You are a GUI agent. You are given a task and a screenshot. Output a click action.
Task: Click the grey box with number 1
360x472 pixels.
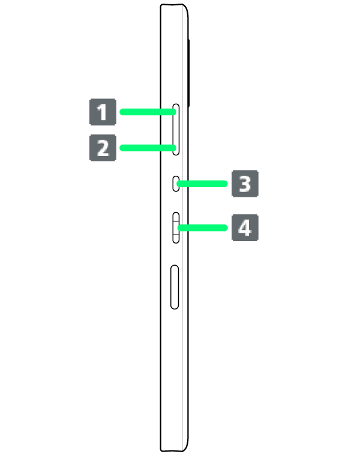pos(103,112)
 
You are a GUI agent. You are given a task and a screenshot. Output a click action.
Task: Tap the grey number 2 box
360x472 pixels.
pos(103,148)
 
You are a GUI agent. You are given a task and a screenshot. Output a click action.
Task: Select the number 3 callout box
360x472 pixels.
pos(245,184)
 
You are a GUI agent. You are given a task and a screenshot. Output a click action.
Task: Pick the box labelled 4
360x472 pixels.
pos(245,227)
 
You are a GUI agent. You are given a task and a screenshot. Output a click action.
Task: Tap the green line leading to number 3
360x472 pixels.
pos(203,184)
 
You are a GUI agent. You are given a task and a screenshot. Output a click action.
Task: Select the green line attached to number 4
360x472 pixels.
pos(203,227)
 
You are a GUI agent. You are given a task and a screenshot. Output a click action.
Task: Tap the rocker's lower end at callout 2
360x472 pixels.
pos(176,149)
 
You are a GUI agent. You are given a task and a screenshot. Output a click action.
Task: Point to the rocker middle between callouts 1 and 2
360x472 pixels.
pos(176,129)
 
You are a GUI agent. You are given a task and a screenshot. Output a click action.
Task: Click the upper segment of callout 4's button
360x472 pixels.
pos(176,218)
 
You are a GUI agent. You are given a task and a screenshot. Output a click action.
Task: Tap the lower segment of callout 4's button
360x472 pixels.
pos(176,237)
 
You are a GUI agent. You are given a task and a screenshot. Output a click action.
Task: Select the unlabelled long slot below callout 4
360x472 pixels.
pos(175,287)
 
